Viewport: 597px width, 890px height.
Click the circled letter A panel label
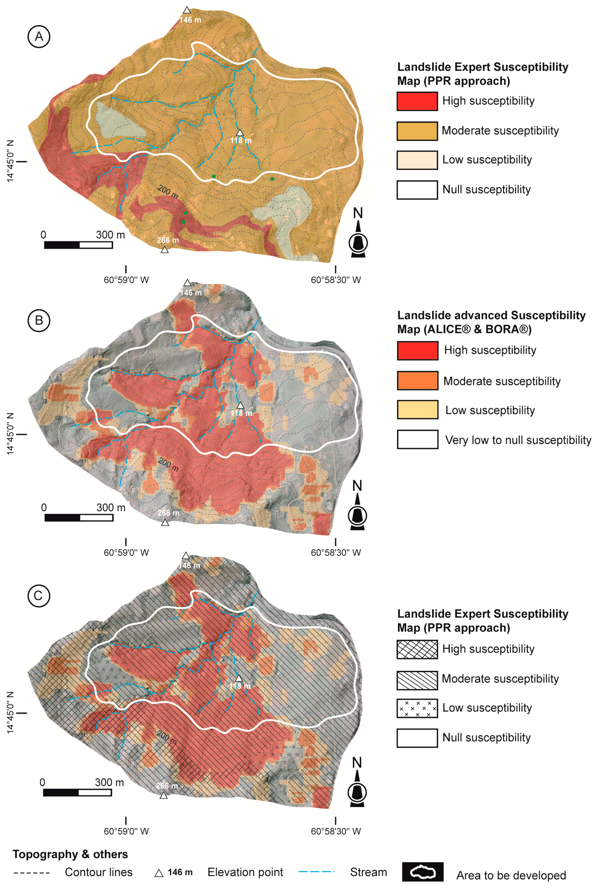39,37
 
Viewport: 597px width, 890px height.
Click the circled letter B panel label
39,320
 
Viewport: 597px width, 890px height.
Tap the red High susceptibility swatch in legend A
417,101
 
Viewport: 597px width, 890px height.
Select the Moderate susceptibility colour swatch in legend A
417,131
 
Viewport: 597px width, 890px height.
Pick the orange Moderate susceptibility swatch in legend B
417,381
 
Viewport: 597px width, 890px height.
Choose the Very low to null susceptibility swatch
417,440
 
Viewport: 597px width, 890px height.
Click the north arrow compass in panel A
358,234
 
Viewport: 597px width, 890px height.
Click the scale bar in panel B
79,518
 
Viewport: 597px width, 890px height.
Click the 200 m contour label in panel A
168,192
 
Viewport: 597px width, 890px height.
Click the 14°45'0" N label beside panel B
10,434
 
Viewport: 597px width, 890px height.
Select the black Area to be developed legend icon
423,872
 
